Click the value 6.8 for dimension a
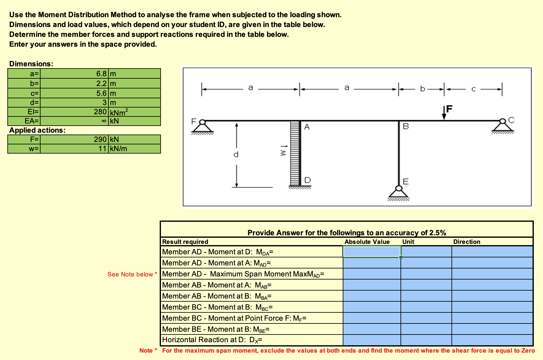[x=101, y=74]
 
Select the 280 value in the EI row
[x=100, y=112]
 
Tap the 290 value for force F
[x=100, y=139]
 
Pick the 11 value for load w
[x=103, y=149]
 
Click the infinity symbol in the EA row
[x=104, y=121]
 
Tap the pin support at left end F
[x=202, y=127]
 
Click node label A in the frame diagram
[x=307, y=127]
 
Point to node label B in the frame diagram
[x=406, y=126]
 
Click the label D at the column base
[x=307, y=180]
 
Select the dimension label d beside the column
[x=236, y=155]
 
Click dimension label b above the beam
[x=422, y=89]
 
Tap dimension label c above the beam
[x=473, y=89]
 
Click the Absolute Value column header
[x=367, y=242]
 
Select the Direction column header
[x=467, y=242]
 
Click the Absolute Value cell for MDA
[x=372, y=252]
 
